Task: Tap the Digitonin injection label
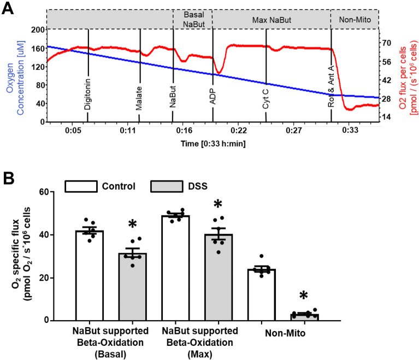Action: [x=87, y=95]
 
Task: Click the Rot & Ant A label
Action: [x=331, y=93]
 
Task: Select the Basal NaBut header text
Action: [x=192, y=19]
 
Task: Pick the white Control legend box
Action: [x=81, y=186]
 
